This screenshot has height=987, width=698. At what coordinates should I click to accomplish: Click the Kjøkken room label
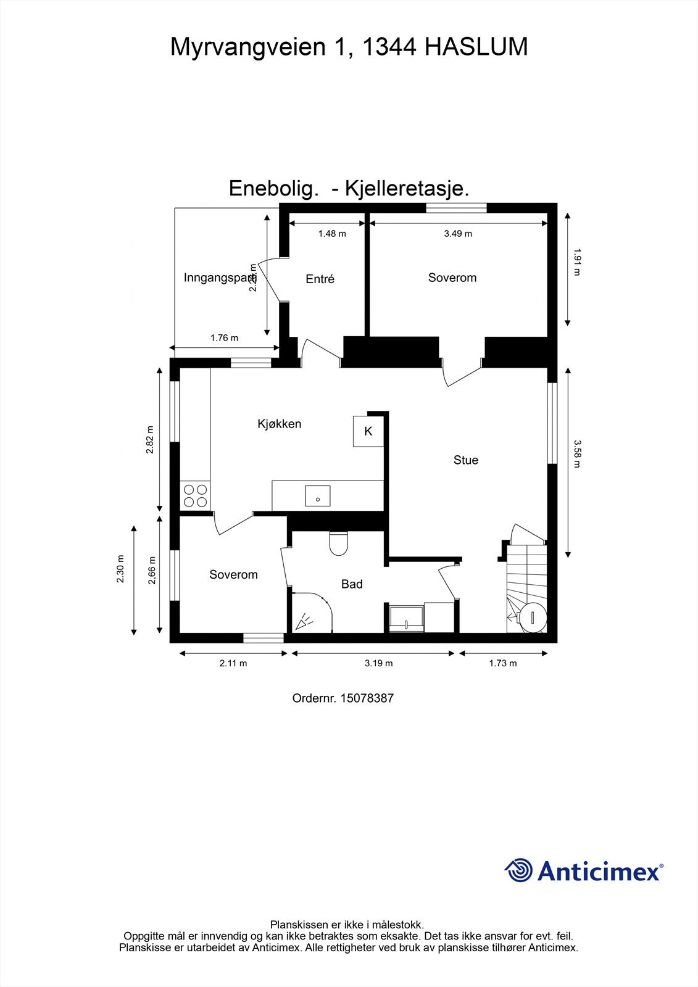click(x=280, y=424)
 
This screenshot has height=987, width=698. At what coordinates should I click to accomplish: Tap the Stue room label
click(x=466, y=460)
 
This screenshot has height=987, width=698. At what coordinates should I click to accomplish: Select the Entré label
click(x=320, y=279)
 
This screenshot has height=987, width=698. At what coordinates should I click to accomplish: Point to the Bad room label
click(x=352, y=584)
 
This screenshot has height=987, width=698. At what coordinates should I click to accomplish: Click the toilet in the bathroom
click(x=339, y=543)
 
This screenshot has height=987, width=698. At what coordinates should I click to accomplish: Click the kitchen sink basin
click(x=318, y=496)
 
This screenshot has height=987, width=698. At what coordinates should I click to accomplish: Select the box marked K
click(x=368, y=431)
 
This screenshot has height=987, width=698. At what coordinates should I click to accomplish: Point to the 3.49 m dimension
click(x=458, y=234)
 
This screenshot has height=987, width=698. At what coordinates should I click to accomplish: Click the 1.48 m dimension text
click(x=332, y=234)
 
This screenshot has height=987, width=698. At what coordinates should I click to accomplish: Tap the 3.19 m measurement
click(x=378, y=664)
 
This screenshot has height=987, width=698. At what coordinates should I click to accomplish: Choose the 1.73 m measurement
click(x=502, y=664)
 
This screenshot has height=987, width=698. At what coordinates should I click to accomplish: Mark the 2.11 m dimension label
click(x=233, y=664)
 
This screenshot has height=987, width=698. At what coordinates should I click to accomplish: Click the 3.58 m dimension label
click(x=577, y=454)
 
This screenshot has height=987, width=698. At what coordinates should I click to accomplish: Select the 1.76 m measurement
click(x=224, y=338)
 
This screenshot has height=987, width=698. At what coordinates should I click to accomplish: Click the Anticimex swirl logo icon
click(x=518, y=870)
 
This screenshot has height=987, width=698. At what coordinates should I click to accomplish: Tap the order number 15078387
click(x=367, y=698)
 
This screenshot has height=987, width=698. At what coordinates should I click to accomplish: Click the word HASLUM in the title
click(x=476, y=47)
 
